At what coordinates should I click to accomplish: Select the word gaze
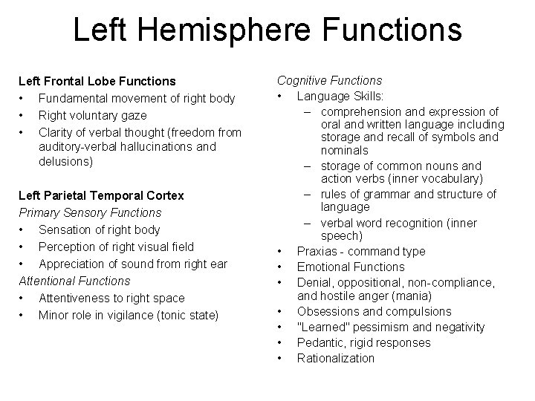132,115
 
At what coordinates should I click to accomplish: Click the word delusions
65,161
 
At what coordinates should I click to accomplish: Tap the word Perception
68,247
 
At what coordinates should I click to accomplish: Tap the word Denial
314,281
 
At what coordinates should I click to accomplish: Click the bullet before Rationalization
278,358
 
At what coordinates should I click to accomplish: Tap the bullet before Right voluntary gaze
22,115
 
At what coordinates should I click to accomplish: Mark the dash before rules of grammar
306,195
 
